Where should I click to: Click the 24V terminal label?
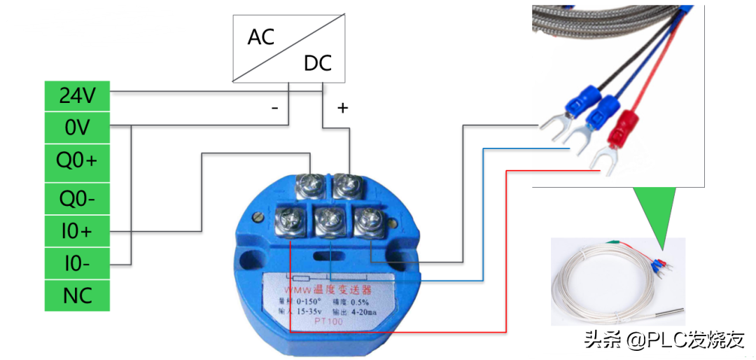(78, 95)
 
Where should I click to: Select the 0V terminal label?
(78, 128)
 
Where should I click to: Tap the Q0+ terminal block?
(78, 162)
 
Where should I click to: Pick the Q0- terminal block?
(78, 200)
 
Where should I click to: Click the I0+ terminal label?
(78, 230)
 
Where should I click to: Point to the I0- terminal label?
(78, 264)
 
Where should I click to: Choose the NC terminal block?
(78, 296)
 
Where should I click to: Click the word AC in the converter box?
(260, 36)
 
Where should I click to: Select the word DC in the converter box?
(317, 64)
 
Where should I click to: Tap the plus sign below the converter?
(342, 108)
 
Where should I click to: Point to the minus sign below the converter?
(275, 108)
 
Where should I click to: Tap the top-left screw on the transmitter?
(309, 186)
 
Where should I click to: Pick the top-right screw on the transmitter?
(346, 186)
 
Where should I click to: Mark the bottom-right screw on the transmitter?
(367, 221)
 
